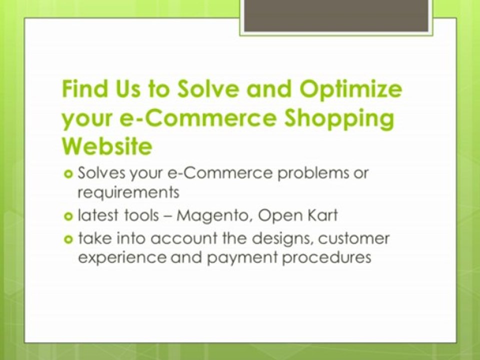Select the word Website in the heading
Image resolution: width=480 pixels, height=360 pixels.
coord(106,146)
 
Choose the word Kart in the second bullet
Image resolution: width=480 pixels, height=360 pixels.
coord(320,215)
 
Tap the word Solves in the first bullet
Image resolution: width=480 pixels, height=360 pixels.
coord(99,173)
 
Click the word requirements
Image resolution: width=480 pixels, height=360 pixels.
coord(128,191)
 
